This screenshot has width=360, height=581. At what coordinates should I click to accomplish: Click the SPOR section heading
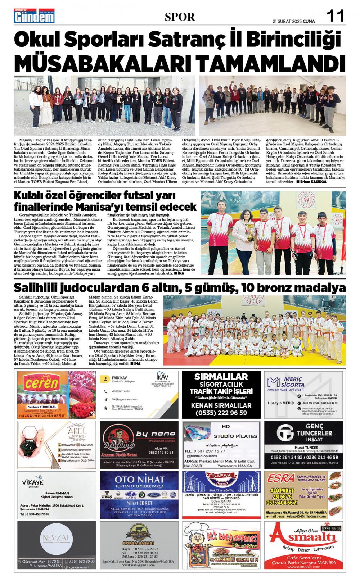(x=180, y=17)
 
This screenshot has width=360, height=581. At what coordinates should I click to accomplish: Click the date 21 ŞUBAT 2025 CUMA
(x=294, y=21)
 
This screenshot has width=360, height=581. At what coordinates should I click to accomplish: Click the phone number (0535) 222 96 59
(x=221, y=413)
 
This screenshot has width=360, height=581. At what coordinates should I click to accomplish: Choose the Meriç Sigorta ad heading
(x=292, y=382)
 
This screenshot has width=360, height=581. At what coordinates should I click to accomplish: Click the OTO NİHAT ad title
(x=139, y=480)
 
